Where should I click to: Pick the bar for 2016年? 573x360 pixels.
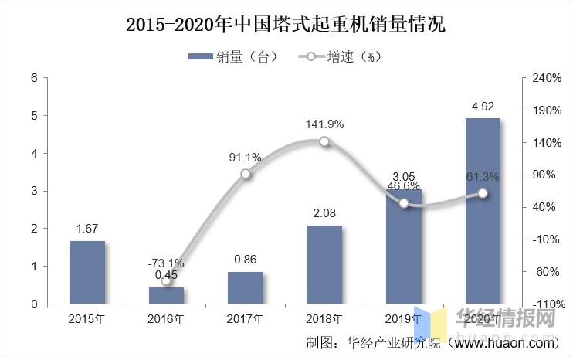pos(166,295)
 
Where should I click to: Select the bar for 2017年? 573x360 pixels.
pos(245,287)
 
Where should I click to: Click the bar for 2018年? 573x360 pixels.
pos(324,264)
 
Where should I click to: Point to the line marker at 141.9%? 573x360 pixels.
pos(324,141)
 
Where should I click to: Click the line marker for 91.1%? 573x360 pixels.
pos(246,174)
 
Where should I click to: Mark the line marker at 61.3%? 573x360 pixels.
pos(483,193)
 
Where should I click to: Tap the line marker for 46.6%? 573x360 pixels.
pos(404,203)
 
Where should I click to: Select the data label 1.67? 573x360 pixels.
pos(87,229)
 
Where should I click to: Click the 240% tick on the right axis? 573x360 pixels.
pos(541,78)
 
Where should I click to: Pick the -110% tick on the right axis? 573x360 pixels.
pos(541,304)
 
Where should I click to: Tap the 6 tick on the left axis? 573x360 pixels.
pos(34,78)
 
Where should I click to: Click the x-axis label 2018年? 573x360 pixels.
pos(324,318)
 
